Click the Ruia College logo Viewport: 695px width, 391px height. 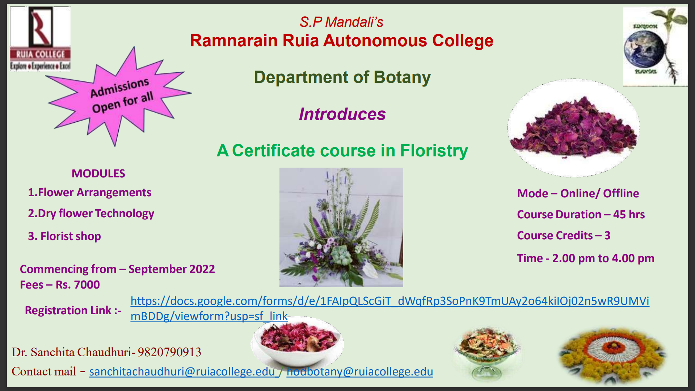(x=40, y=38)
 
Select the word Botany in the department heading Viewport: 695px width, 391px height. (x=402, y=77)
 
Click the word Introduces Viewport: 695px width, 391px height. (x=342, y=114)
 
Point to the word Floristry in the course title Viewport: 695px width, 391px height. (x=434, y=151)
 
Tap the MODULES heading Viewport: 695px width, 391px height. (x=98, y=173)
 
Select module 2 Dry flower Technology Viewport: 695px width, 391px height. (x=91, y=214)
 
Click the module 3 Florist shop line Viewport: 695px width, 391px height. (x=64, y=236)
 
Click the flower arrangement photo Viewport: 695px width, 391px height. (x=341, y=227)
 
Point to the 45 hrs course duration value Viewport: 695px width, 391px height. (x=629, y=214)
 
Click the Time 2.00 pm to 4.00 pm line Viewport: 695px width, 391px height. (x=585, y=258)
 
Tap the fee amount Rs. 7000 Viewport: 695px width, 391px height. (x=77, y=285)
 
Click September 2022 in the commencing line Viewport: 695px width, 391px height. (x=172, y=269)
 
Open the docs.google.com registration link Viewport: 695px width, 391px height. (x=389, y=301)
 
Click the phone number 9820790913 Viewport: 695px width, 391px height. (x=169, y=352)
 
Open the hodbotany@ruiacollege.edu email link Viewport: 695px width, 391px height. (x=359, y=371)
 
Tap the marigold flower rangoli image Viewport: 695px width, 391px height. (x=611, y=355)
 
